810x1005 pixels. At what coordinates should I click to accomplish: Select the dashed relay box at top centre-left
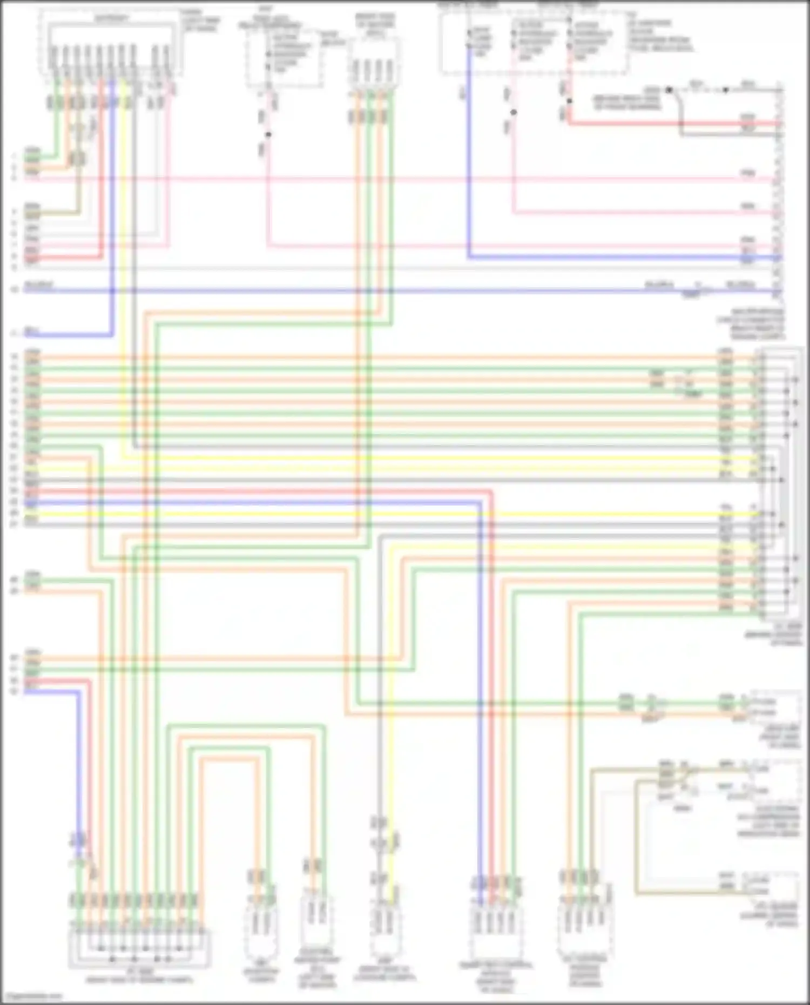click(285, 57)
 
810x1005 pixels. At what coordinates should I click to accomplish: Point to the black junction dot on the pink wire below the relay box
click(268, 134)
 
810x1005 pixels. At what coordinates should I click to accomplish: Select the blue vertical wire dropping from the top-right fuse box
click(469, 162)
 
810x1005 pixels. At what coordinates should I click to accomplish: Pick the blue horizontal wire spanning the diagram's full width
click(378, 291)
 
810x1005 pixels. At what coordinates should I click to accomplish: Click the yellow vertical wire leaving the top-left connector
click(123, 270)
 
